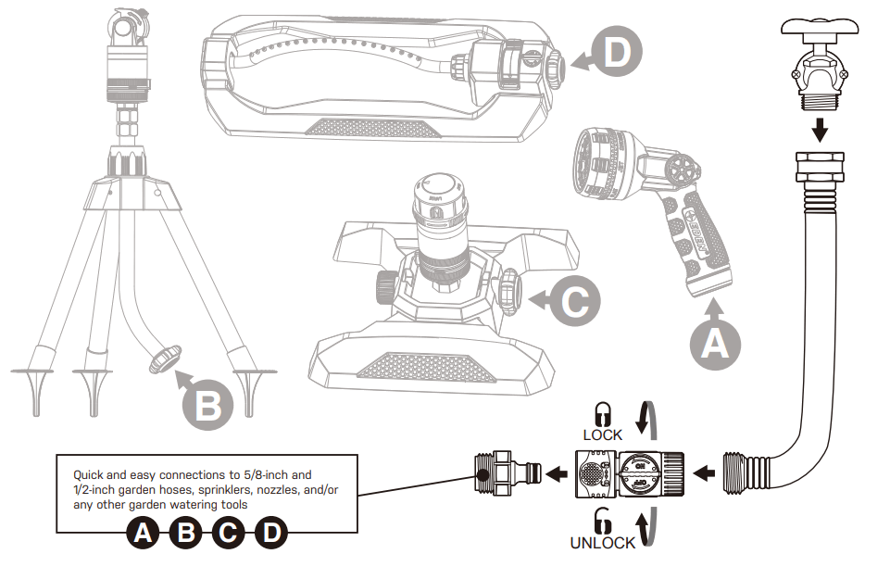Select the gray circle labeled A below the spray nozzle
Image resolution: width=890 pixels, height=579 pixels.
pyautogui.click(x=715, y=344)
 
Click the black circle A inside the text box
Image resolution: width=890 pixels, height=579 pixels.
pyautogui.click(x=144, y=533)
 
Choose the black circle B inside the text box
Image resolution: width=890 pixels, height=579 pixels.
pyautogui.click(x=185, y=533)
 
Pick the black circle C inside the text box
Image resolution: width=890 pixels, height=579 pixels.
pyautogui.click(x=228, y=533)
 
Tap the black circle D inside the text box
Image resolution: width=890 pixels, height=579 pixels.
pyautogui.click(x=270, y=533)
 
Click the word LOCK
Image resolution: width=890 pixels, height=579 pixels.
pyautogui.click(x=603, y=434)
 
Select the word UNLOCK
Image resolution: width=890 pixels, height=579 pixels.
pyautogui.click(x=603, y=543)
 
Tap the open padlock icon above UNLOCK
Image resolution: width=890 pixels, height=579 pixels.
pyautogui.click(x=603, y=521)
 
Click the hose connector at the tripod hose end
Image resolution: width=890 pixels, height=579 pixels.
pyautogui.click(x=164, y=359)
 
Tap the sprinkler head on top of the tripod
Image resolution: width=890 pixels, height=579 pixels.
pyautogui.click(x=125, y=37)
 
